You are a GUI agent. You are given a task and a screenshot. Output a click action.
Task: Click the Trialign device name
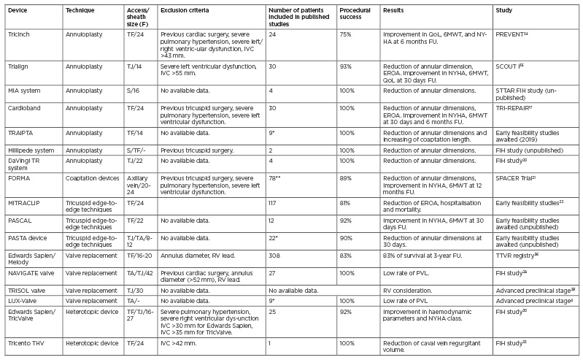[x=18, y=66]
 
